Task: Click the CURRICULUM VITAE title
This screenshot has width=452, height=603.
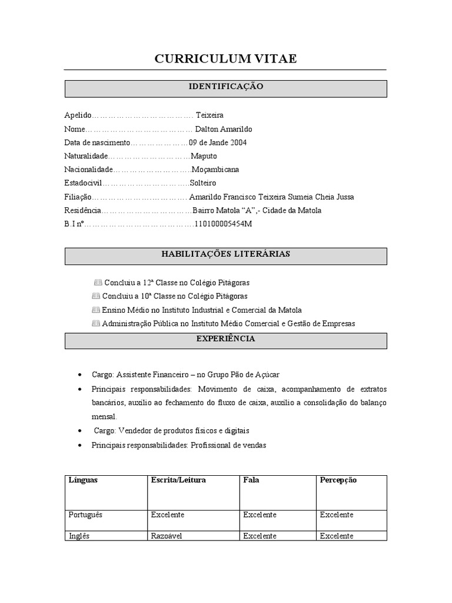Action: [225, 58]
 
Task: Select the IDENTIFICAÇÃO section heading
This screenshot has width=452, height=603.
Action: [225, 87]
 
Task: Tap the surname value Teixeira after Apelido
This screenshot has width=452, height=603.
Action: [210, 115]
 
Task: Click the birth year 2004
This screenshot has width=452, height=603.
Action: [238, 143]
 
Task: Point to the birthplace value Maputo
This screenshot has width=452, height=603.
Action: [204, 156]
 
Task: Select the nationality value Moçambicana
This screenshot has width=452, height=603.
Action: [216, 170]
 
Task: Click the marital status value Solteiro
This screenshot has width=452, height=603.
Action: [202, 183]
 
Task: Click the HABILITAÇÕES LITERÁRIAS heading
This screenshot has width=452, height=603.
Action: [225, 254]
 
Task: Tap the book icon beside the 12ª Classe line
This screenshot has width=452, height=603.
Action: [98, 283]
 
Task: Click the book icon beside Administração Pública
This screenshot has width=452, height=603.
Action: [96, 323]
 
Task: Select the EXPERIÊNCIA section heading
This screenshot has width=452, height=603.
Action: [225, 339]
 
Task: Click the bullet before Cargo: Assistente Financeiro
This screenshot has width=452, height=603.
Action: [79, 375]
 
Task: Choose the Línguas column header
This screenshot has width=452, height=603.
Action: [84, 480]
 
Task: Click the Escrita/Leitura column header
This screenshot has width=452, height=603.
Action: [178, 480]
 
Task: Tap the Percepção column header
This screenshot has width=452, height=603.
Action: [338, 480]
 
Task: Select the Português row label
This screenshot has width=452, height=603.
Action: [85, 515]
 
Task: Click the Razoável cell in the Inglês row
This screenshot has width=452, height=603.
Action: [168, 536]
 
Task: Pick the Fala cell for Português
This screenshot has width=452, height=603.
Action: [260, 515]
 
